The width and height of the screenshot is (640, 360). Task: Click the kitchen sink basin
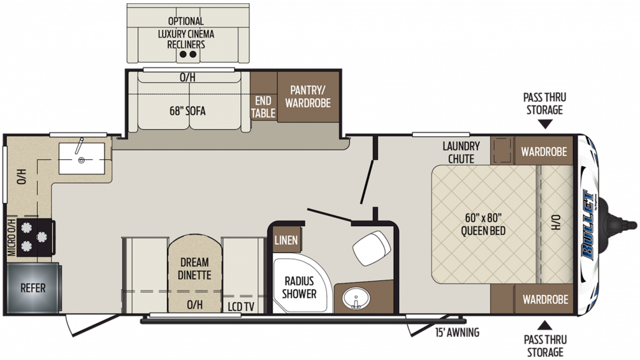click(x=82, y=159)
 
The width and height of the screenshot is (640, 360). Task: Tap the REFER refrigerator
click(x=33, y=288)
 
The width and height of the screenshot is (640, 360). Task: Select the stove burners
click(x=34, y=238)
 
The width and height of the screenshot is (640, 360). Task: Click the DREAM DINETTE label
click(x=194, y=268)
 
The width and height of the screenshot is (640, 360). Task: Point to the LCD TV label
click(x=241, y=306)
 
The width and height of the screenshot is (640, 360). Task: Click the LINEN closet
click(x=286, y=240)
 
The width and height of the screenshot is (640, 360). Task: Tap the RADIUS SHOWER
click(x=300, y=287)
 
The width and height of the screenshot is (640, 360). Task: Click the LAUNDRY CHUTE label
click(x=462, y=152)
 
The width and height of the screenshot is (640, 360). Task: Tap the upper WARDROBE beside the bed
click(x=544, y=152)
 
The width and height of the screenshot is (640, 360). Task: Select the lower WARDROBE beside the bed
click(x=544, y=299)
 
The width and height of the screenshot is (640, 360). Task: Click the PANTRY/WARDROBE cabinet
click(x=308, y=96)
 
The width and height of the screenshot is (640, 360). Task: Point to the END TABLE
click(x=263, y=107)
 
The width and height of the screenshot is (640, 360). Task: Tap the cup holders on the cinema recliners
click(x=187, y=55)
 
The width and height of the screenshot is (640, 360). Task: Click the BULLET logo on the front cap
click(x=589, y=224)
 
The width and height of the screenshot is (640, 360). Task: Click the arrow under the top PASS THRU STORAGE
click(x=544, y=124)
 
